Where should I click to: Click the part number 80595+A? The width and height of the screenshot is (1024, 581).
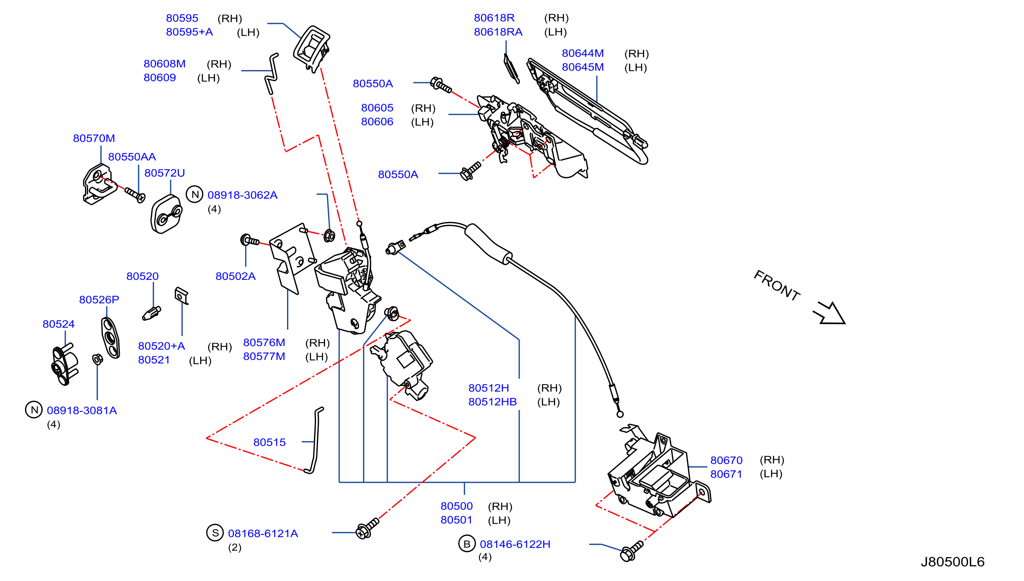(189, 32)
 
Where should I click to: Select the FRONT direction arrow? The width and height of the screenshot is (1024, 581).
(830, 313)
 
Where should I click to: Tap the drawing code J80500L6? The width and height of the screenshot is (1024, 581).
(952, 562)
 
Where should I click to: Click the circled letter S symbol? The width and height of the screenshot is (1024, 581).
(215, 533)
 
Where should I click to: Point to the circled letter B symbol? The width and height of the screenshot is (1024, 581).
(466, 543)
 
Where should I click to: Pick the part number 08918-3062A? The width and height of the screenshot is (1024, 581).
(242, 195)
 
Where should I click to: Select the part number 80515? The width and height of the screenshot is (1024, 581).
(269, 442)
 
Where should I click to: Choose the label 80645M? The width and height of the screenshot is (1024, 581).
(583, 67)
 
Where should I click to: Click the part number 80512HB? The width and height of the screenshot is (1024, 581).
(493, 402)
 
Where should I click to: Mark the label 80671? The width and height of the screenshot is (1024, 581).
(726, 474)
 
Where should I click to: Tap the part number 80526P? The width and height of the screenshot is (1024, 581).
(99, 300)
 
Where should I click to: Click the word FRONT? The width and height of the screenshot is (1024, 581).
(777, 286)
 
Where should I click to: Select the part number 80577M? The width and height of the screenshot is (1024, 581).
(264, 356)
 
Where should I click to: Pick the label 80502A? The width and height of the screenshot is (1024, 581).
(235, 276)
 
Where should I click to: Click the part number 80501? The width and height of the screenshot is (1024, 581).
(456, 520)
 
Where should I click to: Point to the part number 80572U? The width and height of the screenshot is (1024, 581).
(164, 173)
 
